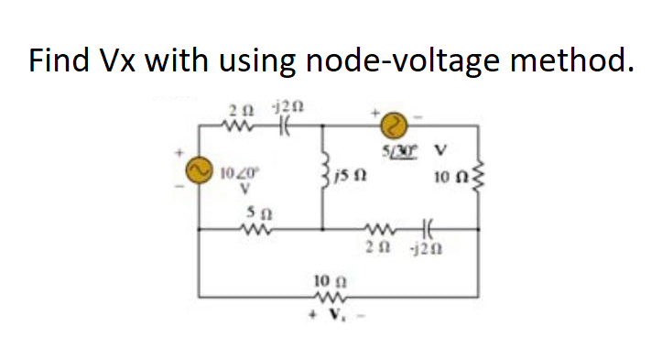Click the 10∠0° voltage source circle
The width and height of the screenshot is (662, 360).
195,169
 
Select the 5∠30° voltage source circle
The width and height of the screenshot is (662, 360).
392,123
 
